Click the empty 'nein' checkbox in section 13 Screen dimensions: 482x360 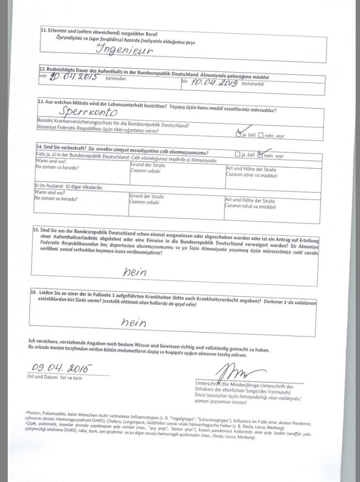(x=261, y=135)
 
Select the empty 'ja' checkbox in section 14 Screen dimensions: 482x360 (x=237, y=155)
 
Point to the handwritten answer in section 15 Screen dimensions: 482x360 (x=134, y=273)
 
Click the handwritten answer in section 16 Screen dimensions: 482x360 (x=133, y=322)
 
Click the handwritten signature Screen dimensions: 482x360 (x=235, y=372)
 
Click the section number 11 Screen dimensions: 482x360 (x=43, y=30)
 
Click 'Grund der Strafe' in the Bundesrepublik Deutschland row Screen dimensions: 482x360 (x=147, y=165)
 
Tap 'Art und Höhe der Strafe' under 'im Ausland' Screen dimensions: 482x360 (x=250, y=200)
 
